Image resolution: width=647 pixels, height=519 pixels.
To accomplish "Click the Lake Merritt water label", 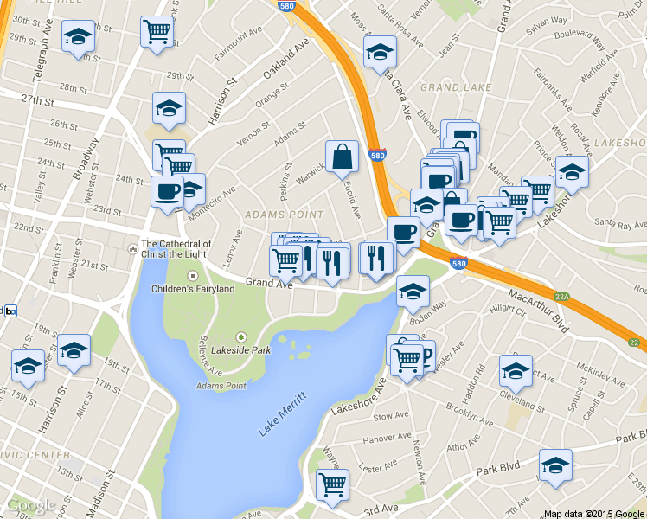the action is pos(284,420).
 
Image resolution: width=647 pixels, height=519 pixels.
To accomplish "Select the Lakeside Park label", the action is pos(241,350).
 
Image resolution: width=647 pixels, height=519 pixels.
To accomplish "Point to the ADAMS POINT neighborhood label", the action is pos(284,214).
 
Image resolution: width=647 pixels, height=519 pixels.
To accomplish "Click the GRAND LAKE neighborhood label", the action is pos(455,87).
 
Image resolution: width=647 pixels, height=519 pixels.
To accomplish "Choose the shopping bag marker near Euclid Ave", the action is pos(343,157).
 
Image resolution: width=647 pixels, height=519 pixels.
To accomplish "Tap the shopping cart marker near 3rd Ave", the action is pos(331,485).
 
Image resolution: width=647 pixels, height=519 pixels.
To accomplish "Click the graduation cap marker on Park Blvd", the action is pos(555,465).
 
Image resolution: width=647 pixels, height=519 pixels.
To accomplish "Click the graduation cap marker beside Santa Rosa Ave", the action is pos(379,52).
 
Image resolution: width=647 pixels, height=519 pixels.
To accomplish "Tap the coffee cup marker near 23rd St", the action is pos(167,191).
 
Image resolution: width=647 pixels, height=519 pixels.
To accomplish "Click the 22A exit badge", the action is pos(562,297).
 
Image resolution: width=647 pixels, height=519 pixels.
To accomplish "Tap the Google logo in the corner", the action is pos(31,505).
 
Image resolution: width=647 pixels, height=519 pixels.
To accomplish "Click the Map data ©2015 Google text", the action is pos(594,513).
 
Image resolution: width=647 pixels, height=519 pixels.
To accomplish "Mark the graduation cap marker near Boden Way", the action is pos(413,291).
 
